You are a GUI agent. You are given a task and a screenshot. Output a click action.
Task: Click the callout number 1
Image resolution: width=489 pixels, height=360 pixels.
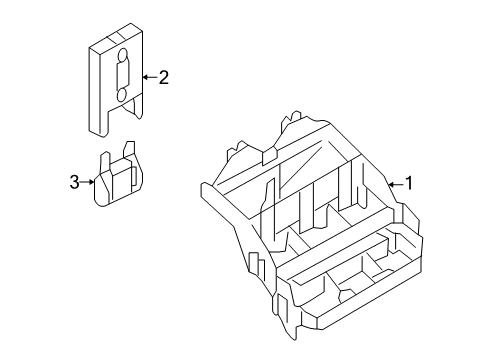pyautogui.click(x=409, y=183)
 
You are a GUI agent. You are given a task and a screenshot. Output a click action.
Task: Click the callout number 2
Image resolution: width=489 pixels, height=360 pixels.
pyautogui.click(x=164, y=78)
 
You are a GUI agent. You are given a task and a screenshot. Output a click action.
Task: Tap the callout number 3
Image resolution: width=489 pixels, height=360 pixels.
pyautogui.click(x=75, y=182)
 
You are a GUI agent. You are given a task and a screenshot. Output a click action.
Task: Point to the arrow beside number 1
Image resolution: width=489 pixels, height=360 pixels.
pyautogui.click(x=396, y=184)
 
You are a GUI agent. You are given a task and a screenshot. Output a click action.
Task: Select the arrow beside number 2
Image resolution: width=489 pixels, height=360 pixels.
pyautogui.click(x=150, y=77)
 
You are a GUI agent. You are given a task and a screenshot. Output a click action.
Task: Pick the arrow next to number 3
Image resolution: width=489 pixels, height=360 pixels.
pyautogui.click(x=87, y=182)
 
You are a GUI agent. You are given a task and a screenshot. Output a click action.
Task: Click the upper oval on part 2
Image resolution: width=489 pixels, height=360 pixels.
pyautogui.click(x=123, y=56)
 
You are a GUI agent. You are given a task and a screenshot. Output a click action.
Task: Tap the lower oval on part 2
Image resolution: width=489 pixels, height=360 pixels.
pyautogui.click(x=122, y=95)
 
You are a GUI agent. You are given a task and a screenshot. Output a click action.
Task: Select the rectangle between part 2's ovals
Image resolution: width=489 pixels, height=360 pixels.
pyautogui.click(x=122, y=76)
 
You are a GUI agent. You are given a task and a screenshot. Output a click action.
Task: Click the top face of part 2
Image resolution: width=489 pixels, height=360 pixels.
pyautogui.click(x=116, y=37)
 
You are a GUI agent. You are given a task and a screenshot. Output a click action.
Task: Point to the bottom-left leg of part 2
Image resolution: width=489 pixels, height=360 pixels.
pyautogui.click(x=99, y=122)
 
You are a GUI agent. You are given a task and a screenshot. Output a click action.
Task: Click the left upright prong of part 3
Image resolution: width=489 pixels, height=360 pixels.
pyautogui.click(x=105, y=162)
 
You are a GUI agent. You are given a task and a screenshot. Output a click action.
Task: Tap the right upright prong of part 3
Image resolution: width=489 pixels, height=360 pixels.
pyautogui.click(x=129, y=149)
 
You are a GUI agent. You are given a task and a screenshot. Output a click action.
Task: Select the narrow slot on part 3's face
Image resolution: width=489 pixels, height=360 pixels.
pyautogui.click(x=134, y=176)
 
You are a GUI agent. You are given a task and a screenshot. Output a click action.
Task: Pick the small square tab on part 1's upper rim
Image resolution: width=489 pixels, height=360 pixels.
pyautogui.click(x=270, y=157)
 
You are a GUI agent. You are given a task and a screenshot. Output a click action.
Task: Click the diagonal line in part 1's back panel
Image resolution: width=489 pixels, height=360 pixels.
pyautogui.click(x=301, y=164)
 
